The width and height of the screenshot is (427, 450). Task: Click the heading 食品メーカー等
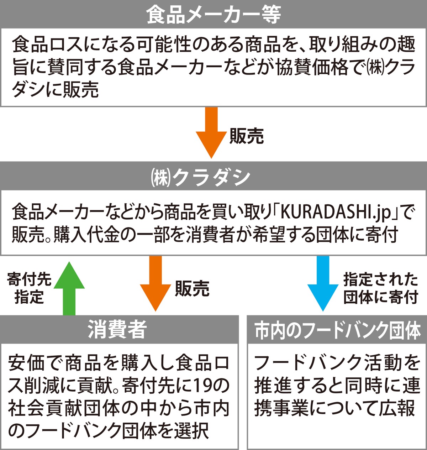coord(213,14)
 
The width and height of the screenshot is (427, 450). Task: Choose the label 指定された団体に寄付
coord(380,288)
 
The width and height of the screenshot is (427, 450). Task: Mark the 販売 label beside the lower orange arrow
coord(192,288)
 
